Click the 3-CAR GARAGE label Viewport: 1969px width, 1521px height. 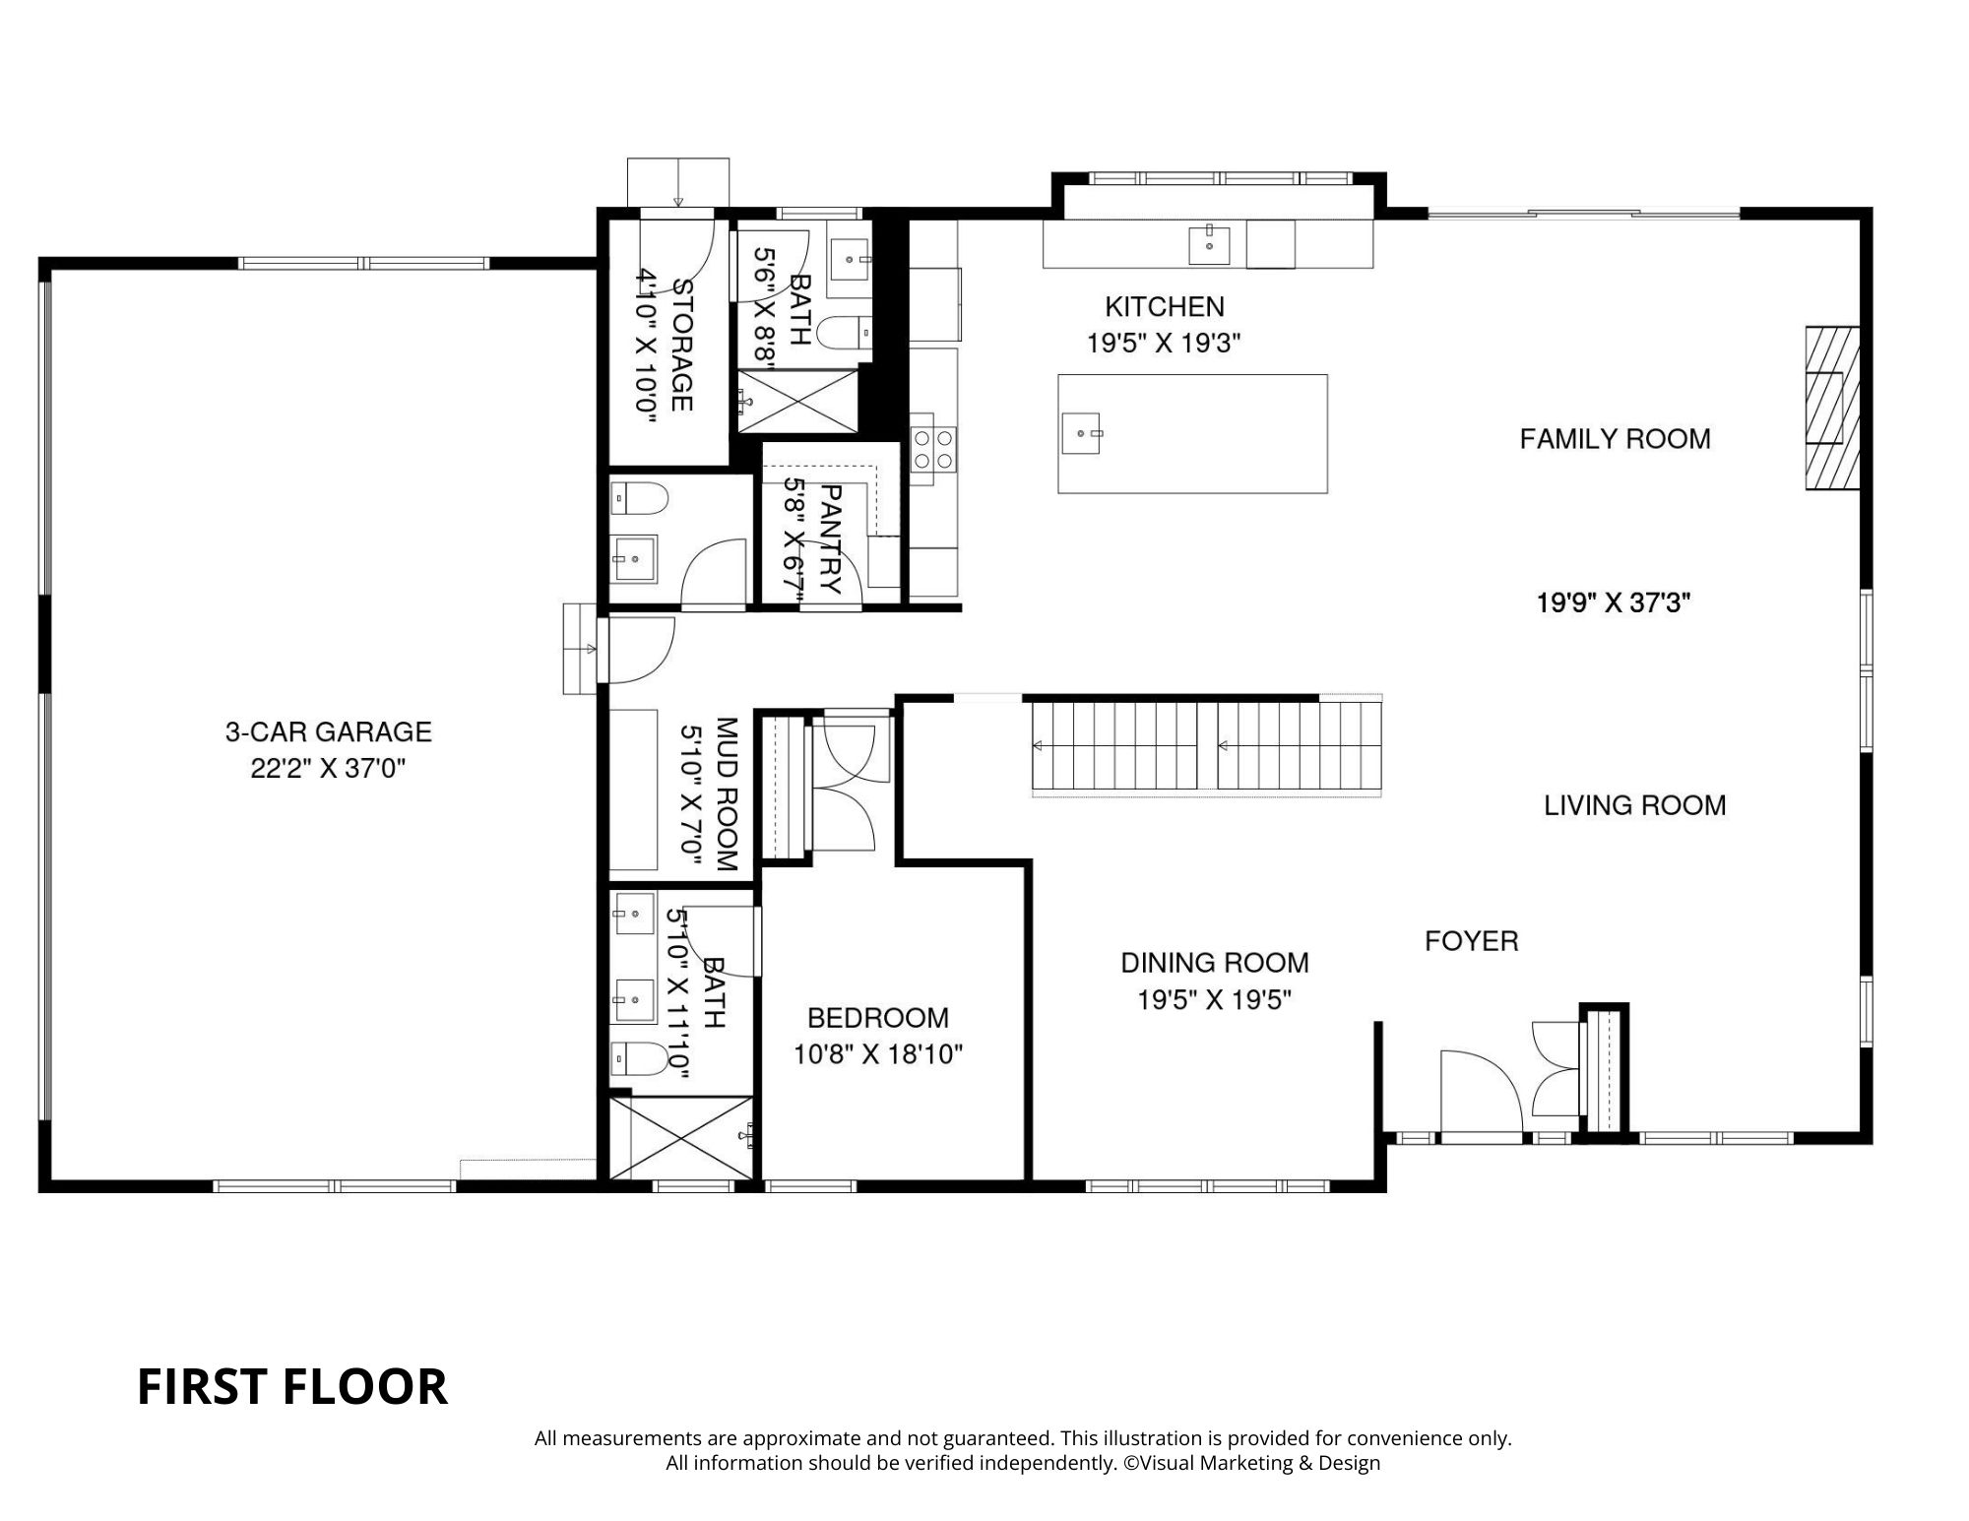[x=328, y=731]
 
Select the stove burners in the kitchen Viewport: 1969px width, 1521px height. [x=933, y=448]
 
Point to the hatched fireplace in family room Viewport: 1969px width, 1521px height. [x=1831, y=408]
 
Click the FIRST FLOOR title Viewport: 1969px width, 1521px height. [x=291, y=1387]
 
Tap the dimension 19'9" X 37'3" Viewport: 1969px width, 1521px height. [x=1614, y=602]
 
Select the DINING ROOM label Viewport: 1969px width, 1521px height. [x=1214, y=962]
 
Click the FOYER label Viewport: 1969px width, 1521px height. [x=1471, y=941]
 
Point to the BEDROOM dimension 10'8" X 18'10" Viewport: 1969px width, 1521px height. [x=877, y=1054]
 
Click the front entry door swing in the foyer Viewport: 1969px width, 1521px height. [x=1481, y=1093]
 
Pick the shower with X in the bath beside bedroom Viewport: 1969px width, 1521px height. [x=681, y=1137]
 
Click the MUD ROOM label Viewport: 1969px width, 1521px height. [x=727, y=794]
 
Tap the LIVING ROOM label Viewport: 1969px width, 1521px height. [x=1634, y=805]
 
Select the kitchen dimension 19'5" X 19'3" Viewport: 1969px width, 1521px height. [x=1163, y=344]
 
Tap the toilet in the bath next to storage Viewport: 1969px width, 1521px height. [x=845, y=333]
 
